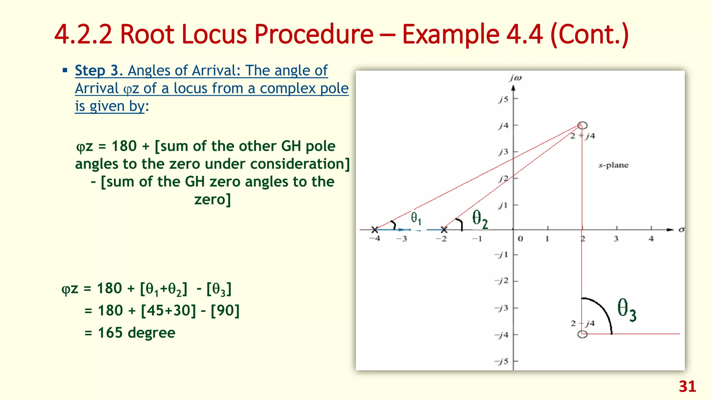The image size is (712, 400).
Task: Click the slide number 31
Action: tap(687, 386)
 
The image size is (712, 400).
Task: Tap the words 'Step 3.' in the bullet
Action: tap(98, 70)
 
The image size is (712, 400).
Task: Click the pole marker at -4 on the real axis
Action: tap(374, 230)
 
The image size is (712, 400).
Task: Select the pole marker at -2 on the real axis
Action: tap(444, 230)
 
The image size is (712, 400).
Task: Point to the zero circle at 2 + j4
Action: tap(582, 125)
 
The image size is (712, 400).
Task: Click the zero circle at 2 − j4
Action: tap(582, 334)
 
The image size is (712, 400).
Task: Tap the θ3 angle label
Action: tap(626, 310)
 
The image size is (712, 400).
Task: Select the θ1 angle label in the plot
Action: tap(416, 218)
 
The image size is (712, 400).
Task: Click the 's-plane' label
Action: tap(613, 165)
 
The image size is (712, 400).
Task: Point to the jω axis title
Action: tap(515, 78)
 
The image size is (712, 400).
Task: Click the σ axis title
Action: tap(681, 230)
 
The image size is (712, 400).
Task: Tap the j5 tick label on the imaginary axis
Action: tap(503, 99)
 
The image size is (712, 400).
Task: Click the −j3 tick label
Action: tap(502, 308)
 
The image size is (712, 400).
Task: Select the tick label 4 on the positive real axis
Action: tap(651, 239)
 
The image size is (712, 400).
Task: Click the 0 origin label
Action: tap(520, 239)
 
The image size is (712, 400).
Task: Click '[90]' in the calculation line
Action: tap(225, 310)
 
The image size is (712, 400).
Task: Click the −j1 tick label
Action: tap(502, 255)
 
